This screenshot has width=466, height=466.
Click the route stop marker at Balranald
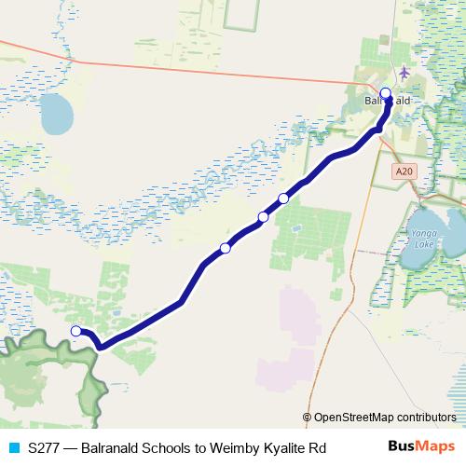(386, 93)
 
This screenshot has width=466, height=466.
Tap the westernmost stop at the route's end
(76, 331)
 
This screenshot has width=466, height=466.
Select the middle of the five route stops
(263, 217)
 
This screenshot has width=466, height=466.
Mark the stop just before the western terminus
(225, 248)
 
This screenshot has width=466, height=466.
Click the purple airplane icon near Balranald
(403, 73)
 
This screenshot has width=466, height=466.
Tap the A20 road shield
(404, 171)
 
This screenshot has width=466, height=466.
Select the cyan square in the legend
(14, 447)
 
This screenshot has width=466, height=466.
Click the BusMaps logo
(421, 446)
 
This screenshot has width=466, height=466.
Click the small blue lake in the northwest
(55, 115)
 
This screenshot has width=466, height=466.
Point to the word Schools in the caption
(156, 447)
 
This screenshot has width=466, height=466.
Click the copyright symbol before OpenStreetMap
(308, 418)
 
